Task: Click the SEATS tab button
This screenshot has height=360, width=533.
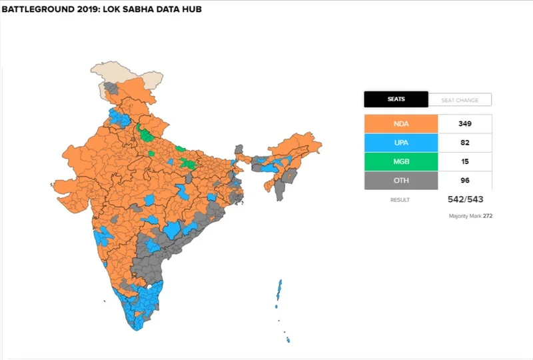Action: tap(396, 100)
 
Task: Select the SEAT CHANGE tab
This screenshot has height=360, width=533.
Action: tap(459, 100)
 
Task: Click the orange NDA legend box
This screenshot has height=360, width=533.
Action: tap(400, 124)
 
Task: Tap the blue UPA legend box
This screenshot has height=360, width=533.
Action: tap(400, 143)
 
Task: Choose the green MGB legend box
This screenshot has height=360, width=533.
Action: tap(400, 161)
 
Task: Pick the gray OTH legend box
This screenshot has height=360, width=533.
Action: tap(400, 180)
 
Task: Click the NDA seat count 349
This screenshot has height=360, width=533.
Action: tap(464, 124)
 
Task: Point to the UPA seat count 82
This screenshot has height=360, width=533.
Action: tap(464, 143)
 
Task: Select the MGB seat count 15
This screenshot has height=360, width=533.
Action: tap(464, 161)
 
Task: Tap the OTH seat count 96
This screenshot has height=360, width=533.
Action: tap(464, 180)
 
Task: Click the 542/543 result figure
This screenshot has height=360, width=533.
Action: tap(464, 200)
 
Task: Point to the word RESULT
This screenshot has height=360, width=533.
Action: tap(400, 200)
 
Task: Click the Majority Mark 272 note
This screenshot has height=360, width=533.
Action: tap(471, 216)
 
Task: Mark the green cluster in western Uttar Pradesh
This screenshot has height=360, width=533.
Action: tap(145, 133)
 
